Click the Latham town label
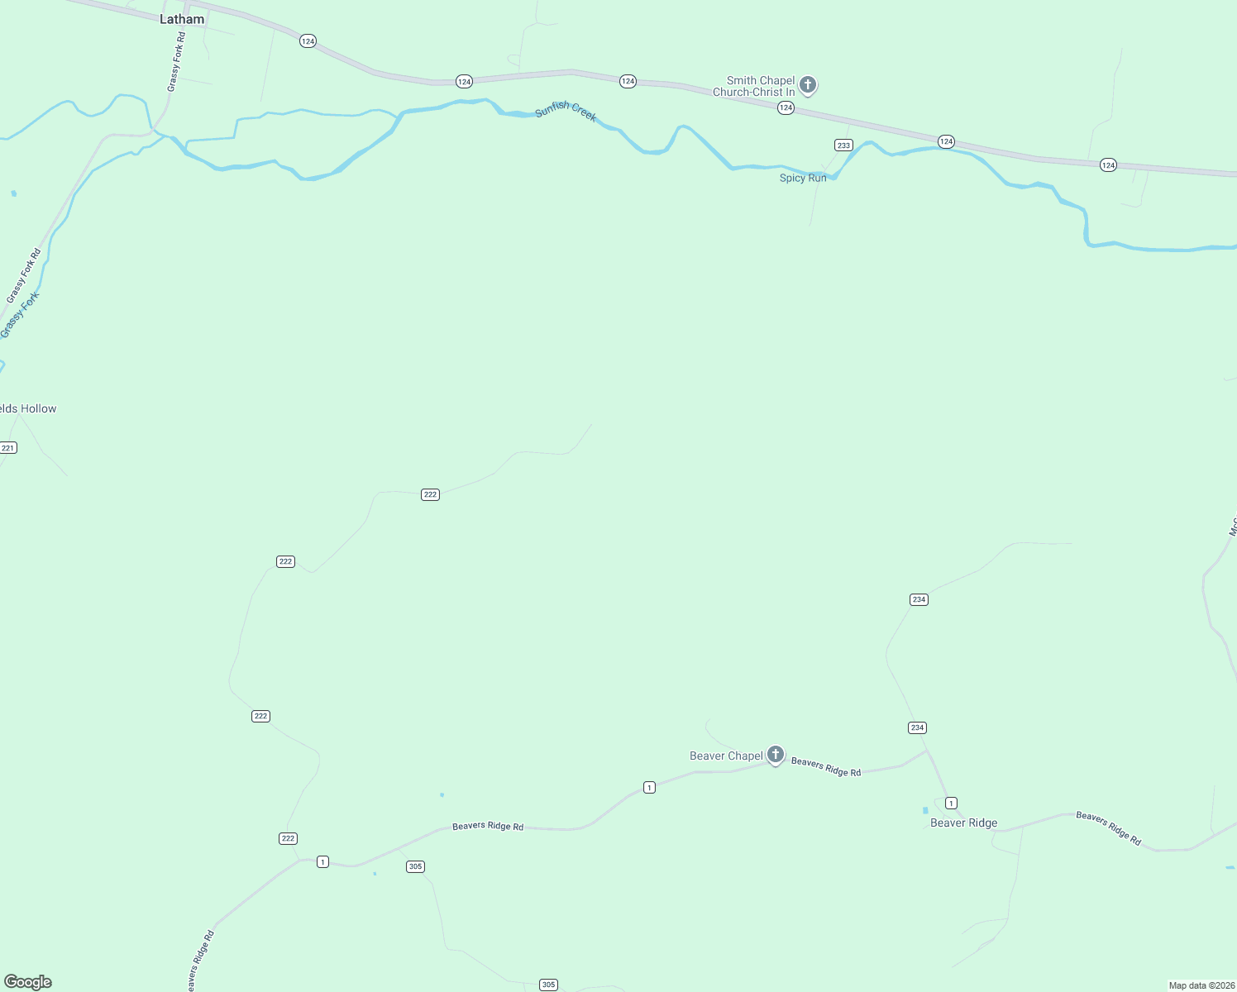click(x=182, y=19)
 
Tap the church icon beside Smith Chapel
click(x=808, y=84)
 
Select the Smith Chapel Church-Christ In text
click(x=754, y=86)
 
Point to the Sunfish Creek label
click(x=566, y=111)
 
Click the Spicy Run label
click(x=803, y=178)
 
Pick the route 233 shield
click(x=843, y=145)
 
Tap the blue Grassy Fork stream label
click(x=20, y=315)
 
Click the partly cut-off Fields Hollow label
click(x=28, y=408)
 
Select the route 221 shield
click(x=8, y=448)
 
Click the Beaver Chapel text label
click(x=726, y=756)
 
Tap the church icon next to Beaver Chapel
click(x=775, y=754)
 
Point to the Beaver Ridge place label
click(x=963, y=823)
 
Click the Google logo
click(x=28, y=982)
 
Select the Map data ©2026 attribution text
click(x=1201, y=985)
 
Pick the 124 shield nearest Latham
click(x=308, y=41)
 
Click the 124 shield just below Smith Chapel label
click(x=786, y=108)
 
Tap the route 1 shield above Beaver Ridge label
click(x=951, y=804)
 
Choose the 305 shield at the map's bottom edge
click(x=548, y=985)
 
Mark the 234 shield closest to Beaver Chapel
click(x=917, y=727)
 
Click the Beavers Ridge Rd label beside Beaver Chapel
click(x=825, y=766)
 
